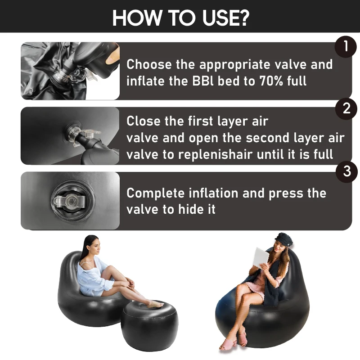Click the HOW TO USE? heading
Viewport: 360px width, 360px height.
[180, 17]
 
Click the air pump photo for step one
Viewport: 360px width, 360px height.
[70, 71]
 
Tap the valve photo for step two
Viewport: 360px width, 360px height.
[70, 135]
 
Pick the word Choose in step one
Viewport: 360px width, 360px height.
[149, 65]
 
